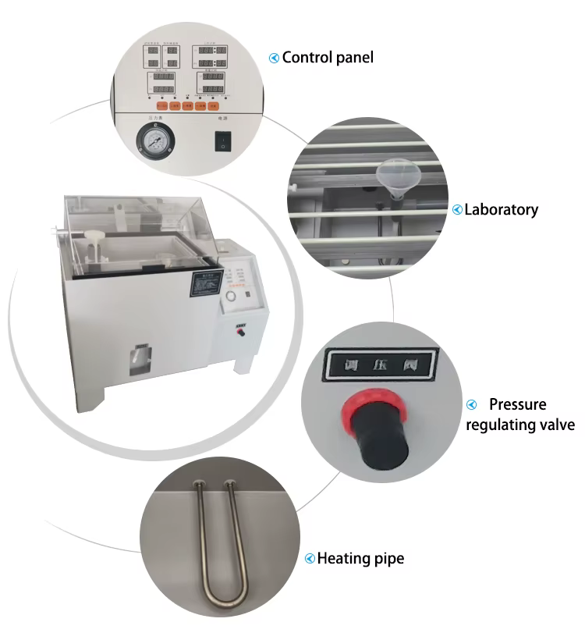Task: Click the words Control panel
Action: [328, 57]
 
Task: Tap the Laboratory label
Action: [502, 209]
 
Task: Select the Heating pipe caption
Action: [360, 558]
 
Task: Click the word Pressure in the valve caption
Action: [518, 404]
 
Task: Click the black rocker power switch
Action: [224, 141]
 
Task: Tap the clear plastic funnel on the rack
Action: [390, 175]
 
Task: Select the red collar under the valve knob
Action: [361, 408]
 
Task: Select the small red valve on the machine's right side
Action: [241, 332]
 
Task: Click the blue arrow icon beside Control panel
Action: [274, 58]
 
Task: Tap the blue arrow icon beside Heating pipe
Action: [310, 558]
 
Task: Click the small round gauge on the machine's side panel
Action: [232, 297]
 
